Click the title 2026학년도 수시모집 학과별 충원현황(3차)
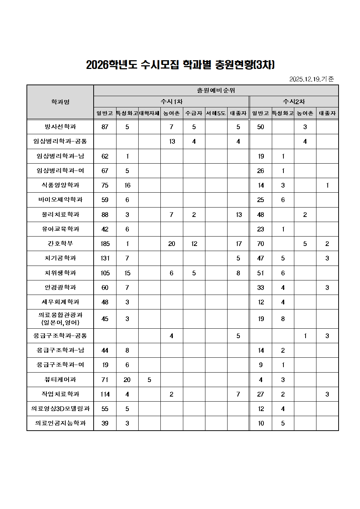[x=180, y=65]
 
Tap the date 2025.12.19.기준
[x=311, y=79]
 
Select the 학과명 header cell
[x=60, y=102]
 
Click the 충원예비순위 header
[x=216, y=90]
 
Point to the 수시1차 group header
[x=171, y=102]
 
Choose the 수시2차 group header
[x=294, y=102]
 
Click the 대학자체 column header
[x=149, y=113]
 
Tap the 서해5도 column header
[x=216, y=113]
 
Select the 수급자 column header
[x=194, y=113]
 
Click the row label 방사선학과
[x=60, y=127]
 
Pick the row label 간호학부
[x=60, y=243]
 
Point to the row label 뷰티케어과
[x=60, y=379]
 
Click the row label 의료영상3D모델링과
[x=60, y=409]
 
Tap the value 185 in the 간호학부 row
[x=105, y=244]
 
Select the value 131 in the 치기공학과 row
[x=105, y=258]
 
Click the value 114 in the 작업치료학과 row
[x=105, y=394]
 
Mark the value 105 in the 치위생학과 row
[x=105, y=273]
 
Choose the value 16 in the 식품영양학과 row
[x=127, y=185]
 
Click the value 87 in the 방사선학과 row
[x=105, y=127]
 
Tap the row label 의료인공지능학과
[x=60, y=423]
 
